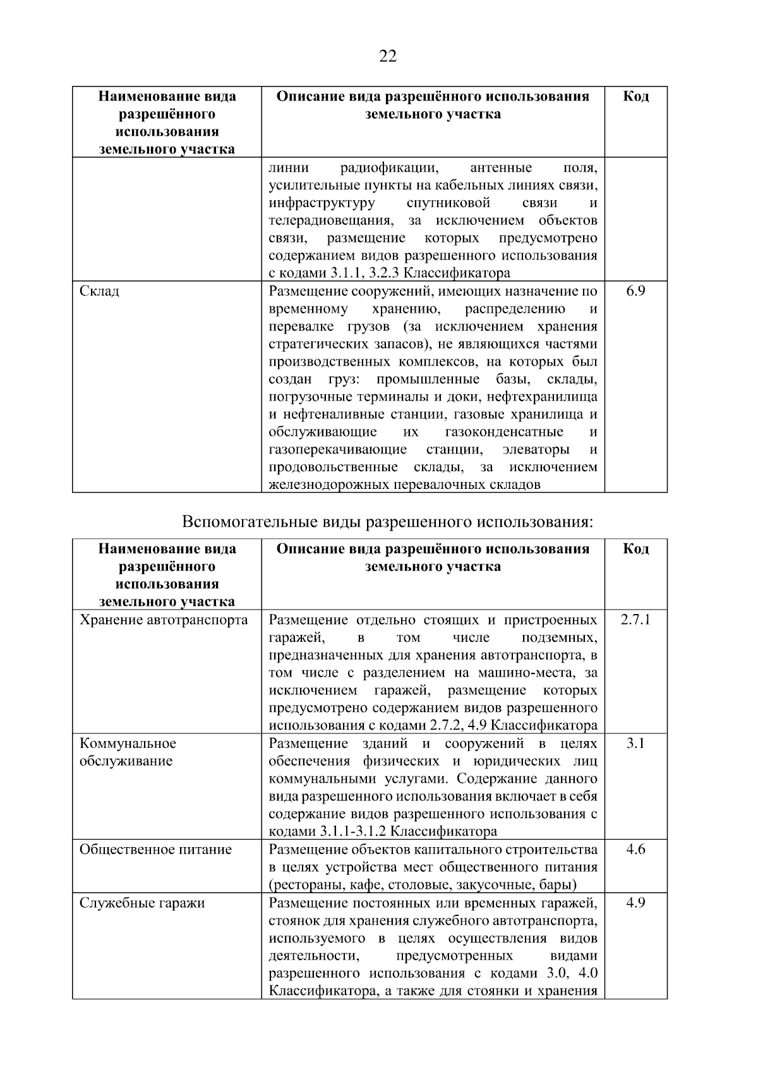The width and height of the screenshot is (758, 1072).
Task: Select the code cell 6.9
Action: coord(635,291)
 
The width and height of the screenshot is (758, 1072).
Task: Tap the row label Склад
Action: coord(99,291)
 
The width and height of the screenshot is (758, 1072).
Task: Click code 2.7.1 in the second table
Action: coord(635,620)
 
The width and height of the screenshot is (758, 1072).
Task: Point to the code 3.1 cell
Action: coord(635,744)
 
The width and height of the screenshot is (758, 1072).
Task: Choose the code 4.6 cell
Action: coord(635,850)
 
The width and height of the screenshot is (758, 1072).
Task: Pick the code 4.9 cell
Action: coord(635,903)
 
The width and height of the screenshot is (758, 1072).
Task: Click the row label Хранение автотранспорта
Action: coord(164,620)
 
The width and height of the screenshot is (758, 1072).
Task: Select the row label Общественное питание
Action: coord(155,850)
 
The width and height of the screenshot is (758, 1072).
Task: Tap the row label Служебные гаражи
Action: coord(142,903)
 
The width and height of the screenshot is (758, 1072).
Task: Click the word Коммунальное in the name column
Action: coord(128,744)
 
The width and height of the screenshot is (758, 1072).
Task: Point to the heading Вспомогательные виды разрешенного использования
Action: coord(388,522)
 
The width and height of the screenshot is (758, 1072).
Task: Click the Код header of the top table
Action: coord(635,97)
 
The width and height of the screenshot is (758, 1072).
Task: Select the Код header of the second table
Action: coord(635,549)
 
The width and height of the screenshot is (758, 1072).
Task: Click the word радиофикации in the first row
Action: coord(389,168)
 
